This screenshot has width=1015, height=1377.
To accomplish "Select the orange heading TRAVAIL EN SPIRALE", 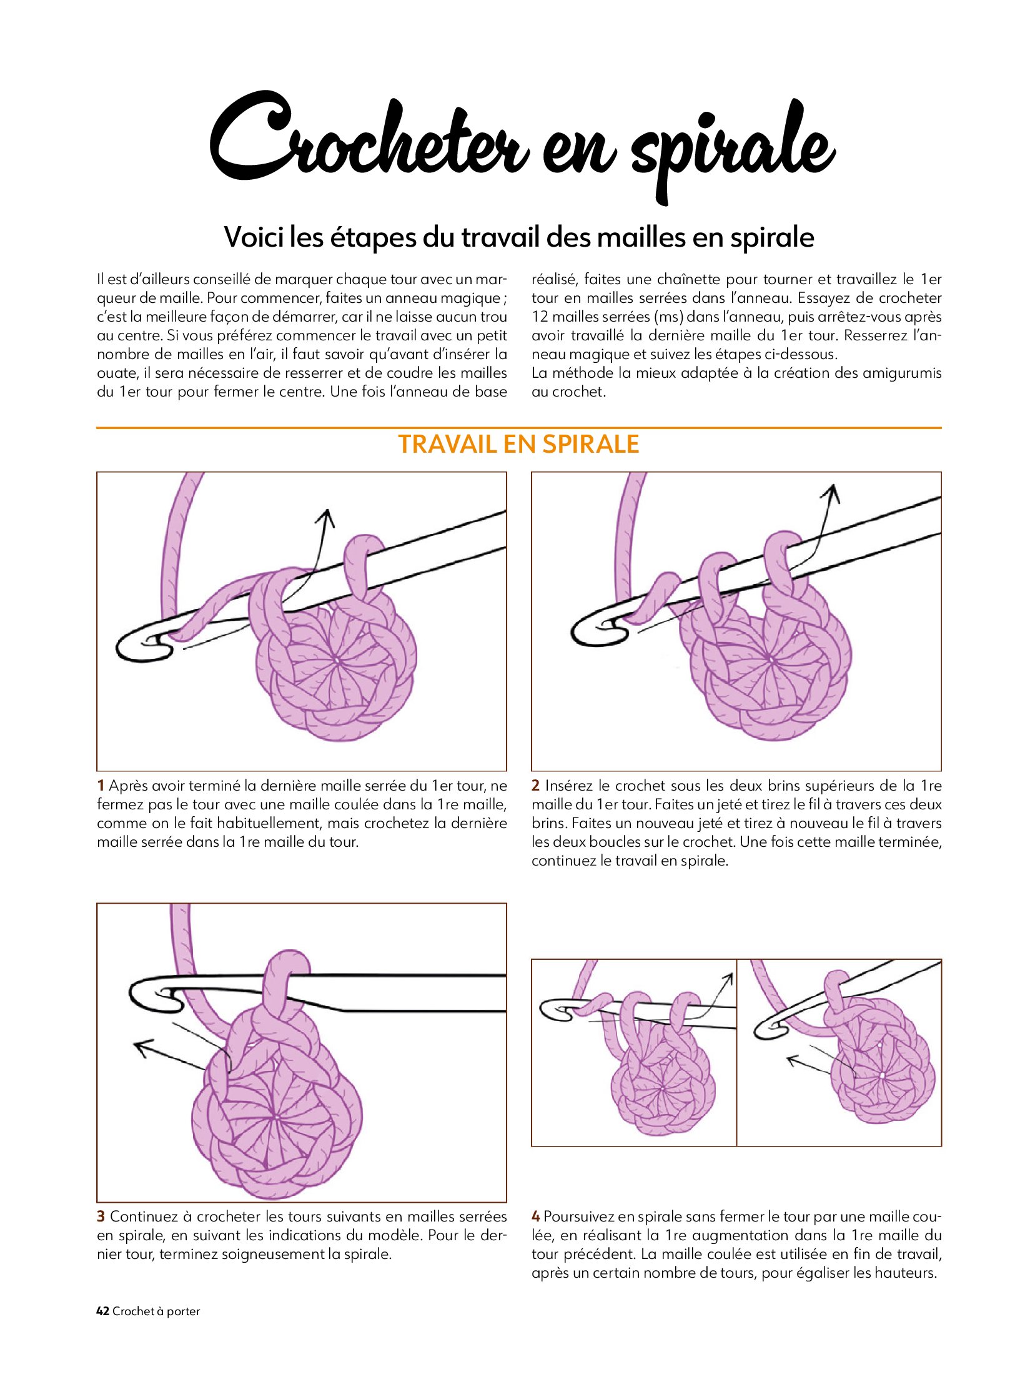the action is [518, 444].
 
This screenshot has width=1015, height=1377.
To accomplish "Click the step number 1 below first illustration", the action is [101, 786].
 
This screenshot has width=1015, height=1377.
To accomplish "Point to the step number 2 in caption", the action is [536, 786].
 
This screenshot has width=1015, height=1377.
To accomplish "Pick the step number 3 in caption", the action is [101, 1217].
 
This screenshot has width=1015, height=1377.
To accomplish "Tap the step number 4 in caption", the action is [536, 1217].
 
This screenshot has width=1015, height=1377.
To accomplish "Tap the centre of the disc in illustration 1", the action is [336, 660].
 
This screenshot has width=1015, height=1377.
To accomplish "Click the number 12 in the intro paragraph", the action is [540, 317].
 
